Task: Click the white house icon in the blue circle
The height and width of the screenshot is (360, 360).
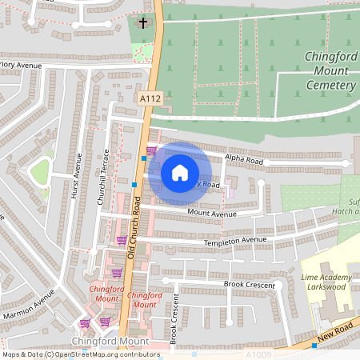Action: tap(180, 173)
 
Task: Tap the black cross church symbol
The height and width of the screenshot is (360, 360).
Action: tap(144, 22)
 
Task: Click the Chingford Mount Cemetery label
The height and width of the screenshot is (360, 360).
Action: tap(330, 70)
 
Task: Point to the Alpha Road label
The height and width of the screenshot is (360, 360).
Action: tap(243, 158)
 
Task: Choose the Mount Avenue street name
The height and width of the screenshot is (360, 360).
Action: tap(212, 214)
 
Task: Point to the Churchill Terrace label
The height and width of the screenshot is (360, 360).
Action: tap(102, 178)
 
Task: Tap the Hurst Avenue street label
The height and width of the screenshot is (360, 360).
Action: tap(78, 178)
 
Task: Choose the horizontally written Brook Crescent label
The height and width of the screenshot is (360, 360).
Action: tap(250, 284)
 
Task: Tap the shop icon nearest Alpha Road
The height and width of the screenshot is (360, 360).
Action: tap(151, 150)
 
